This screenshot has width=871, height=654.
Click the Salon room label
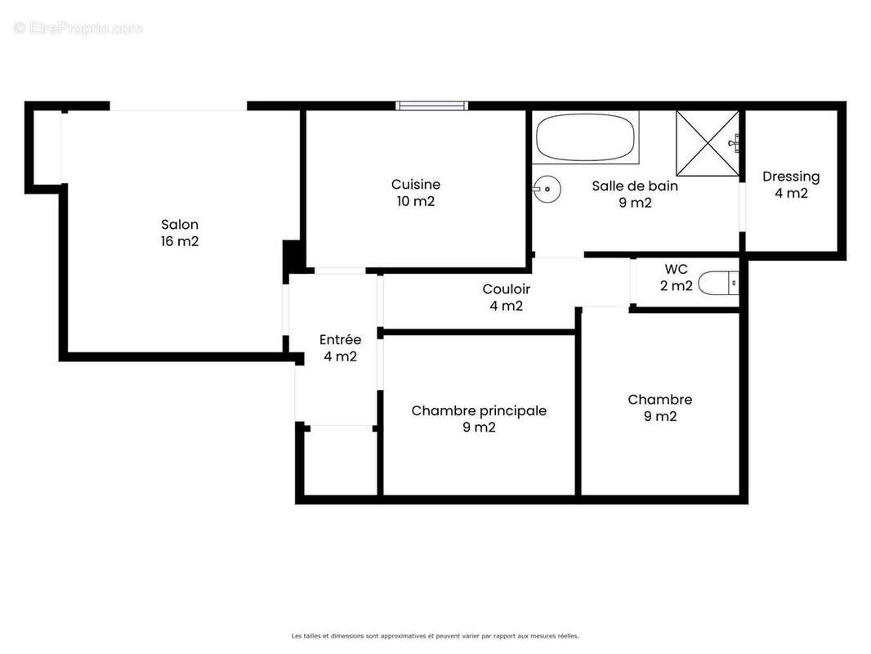(180, 225)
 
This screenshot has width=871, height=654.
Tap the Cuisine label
(415, 185)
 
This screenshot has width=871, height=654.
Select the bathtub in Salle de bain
(586, 138)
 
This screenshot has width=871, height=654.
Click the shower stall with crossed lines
(708, 142)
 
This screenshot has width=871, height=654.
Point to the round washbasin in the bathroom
(547, 189)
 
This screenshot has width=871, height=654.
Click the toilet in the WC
(720, 284)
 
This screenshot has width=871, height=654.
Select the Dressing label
(791, 177)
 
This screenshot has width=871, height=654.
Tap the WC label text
(676, 269)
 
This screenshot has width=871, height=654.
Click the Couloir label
(506, 289)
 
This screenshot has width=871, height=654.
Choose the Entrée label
(340, 340)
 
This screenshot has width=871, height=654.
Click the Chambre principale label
(479, 410)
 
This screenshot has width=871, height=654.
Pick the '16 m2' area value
(180, 242)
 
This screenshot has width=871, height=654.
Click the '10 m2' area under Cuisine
(415, 202)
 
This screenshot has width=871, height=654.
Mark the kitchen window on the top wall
(431, 105)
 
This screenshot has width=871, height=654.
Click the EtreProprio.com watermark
(78, 29)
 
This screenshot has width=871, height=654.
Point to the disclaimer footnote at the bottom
(435, 635)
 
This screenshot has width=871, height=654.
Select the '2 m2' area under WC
(676, 286)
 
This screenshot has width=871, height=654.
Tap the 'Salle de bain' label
(635, 186)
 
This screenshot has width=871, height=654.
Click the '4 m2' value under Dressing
(791, 194)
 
